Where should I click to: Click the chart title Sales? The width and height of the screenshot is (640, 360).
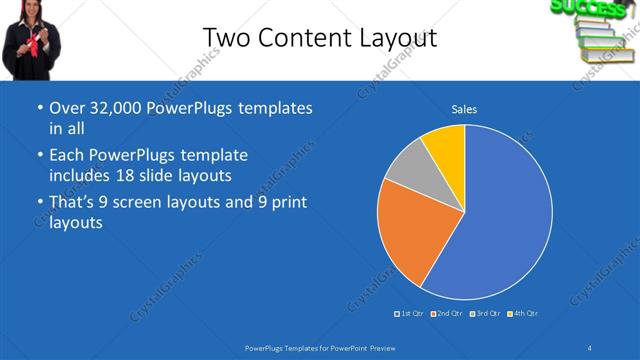(464, 109)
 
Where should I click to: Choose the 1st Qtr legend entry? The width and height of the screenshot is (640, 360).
(409, 314)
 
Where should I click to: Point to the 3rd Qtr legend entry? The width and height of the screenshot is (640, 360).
(483, 314)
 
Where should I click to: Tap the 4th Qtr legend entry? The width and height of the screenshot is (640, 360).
(522, 314)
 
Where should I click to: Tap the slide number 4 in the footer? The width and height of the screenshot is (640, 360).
(589, 347)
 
